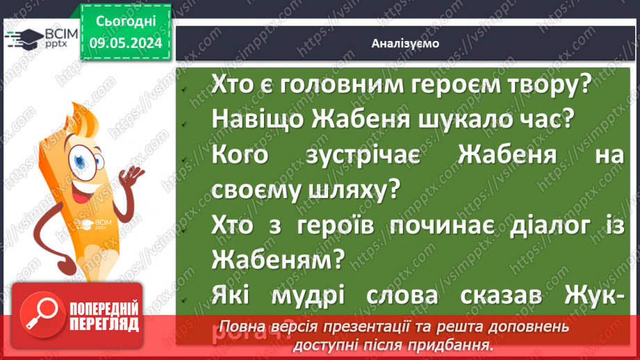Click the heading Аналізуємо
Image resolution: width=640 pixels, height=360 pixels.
click(405, 44)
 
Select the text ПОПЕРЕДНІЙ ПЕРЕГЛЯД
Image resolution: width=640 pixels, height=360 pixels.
click(103, 316)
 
